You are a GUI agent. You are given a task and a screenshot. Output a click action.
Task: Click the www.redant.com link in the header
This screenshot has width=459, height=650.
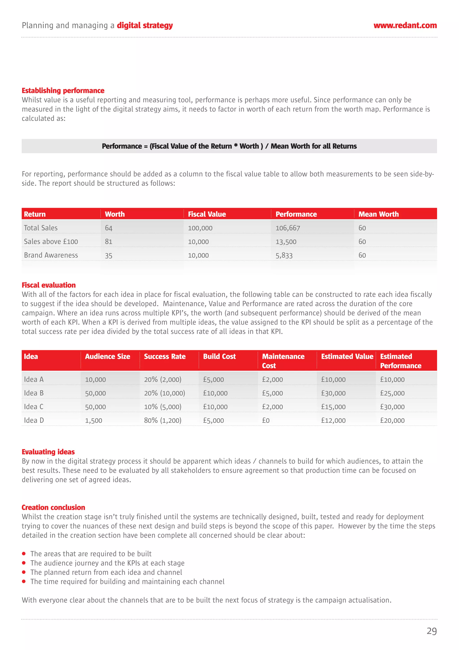click(405, 26)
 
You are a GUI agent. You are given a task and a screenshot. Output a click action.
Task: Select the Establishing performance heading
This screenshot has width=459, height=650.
click(63, 91)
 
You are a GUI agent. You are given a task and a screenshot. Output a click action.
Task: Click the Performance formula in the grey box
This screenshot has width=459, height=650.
click(229, 146)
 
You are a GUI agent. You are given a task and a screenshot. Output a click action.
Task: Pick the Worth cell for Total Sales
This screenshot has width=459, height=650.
click(109, 228)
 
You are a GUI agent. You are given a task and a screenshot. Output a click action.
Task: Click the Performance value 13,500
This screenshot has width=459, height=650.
click(286, 242)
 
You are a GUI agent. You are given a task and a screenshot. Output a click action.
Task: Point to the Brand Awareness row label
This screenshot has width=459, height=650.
click(51, 255)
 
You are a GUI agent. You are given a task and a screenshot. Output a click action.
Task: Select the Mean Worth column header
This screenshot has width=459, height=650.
click(378, 214)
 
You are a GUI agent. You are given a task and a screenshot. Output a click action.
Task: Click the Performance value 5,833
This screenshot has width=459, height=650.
click(284, 256)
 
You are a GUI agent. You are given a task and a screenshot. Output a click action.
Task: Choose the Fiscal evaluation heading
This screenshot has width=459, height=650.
click(49, 285)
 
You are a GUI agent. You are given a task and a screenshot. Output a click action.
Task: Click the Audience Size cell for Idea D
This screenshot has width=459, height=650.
click(94, 421)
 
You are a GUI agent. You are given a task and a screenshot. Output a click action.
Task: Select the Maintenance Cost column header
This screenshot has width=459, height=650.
click(283, 361)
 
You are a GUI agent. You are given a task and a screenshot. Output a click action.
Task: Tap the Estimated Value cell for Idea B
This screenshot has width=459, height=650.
click(333, 393)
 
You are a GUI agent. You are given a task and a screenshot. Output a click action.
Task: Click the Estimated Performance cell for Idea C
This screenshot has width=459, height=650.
click(392, 407)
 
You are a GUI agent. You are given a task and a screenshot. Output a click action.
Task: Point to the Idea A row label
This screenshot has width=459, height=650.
click(34, 380)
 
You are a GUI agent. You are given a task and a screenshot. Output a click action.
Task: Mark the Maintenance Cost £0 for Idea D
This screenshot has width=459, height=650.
click(266, 421)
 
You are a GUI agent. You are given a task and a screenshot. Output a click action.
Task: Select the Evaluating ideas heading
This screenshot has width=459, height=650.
click(48, 452)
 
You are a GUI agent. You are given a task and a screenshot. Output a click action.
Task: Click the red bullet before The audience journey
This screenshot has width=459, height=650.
click(24, 563)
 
